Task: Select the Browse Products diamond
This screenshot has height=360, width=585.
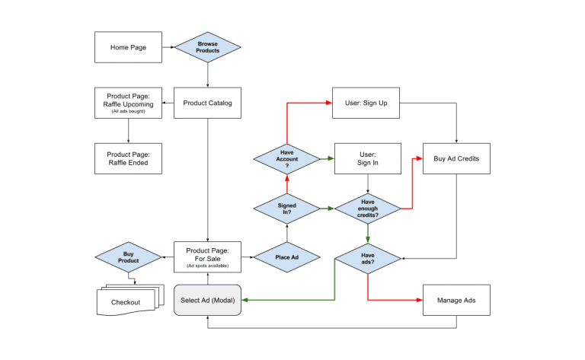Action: (x=207, y=47)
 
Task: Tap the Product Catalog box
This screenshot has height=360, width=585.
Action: (x=207, y=103)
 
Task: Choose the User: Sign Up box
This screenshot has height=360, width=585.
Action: (x=367, y=103)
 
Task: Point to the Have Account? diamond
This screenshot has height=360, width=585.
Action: (x=287, y=158)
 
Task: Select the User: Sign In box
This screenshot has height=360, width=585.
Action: (x=367, y=158)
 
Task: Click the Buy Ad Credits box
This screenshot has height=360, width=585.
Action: (x=456, y=158)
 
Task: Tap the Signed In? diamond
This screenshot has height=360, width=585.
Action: (x=287, y=208)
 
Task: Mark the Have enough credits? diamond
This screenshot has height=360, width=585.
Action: (x=368, y=208)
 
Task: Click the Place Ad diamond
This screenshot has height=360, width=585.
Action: (x=286, y=257)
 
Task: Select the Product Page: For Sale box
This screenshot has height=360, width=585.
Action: (x=207, y=257)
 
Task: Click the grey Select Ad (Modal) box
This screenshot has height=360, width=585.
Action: (x=207, y=300)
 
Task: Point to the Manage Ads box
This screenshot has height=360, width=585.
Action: (x=456, y=300)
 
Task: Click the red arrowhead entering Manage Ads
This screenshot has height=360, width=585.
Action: (x=419, y=300)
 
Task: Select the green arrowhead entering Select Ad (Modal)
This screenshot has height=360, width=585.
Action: (x=245, y=300)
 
